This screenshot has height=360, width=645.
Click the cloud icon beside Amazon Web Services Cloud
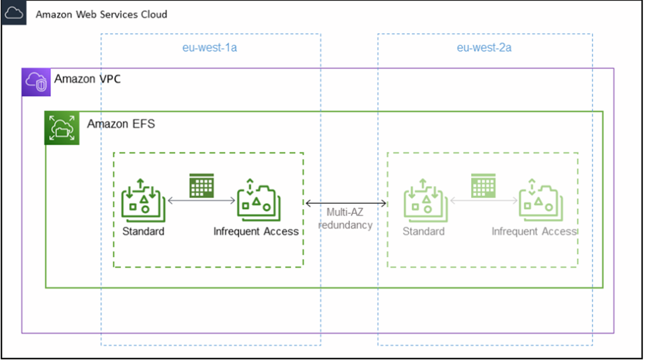coord(13,13)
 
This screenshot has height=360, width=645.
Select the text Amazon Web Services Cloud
coord(101,14)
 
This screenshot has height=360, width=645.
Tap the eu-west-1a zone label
coord(210,48)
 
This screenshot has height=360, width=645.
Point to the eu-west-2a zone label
coord(484,48)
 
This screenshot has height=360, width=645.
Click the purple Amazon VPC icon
coord(36,82)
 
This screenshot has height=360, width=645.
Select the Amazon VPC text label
coord(87,79)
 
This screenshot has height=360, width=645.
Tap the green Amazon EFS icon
coord(62,128)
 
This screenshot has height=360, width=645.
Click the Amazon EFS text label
coord(121,124)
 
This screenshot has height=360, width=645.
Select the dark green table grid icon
coord(200,186)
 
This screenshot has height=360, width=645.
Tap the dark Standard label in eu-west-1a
coord(143,232)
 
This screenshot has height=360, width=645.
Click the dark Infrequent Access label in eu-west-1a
coord(256,232)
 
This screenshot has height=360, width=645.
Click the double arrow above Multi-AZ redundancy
coord(345,203)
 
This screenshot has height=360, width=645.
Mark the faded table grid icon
coord(483,186)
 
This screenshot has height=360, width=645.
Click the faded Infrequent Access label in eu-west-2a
coord(535,232)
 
